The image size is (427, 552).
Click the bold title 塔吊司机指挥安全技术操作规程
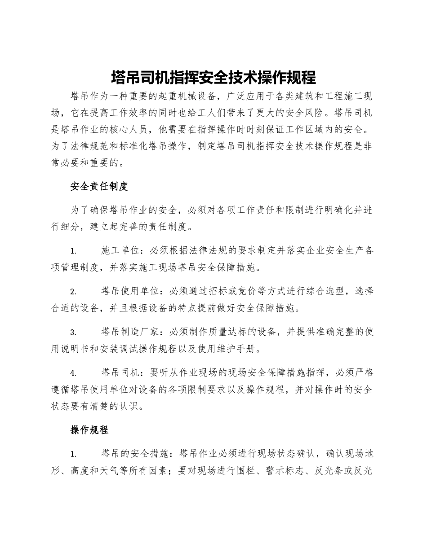[213, 78]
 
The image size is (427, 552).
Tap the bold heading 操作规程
[89, 430]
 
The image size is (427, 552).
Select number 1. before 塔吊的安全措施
[73, 454]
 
